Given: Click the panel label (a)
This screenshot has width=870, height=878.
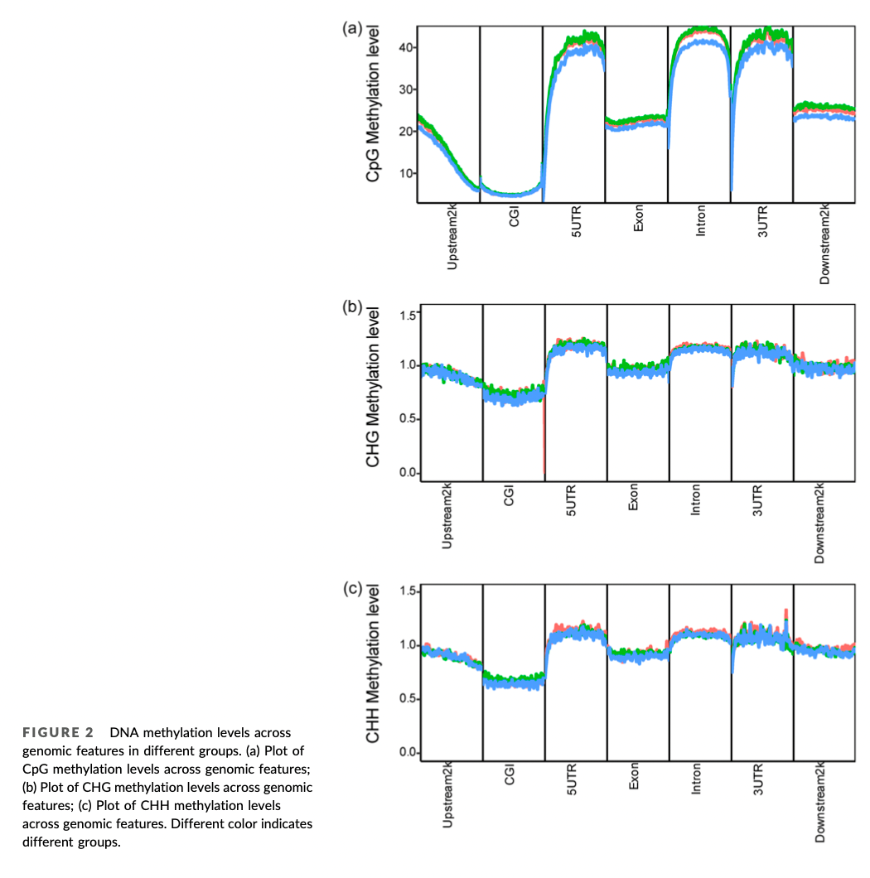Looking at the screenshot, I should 353,29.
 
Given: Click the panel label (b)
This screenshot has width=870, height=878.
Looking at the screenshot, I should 353,307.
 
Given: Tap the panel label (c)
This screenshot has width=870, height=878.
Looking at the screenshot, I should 353,589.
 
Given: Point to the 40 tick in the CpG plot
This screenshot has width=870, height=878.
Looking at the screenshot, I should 404,47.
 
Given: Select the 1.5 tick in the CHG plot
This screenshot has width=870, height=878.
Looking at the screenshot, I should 408,315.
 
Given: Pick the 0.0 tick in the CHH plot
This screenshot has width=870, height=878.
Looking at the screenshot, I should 408,753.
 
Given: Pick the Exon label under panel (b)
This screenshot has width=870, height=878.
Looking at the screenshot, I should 634,499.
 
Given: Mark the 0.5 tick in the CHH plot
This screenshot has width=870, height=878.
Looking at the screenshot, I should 408,699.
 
